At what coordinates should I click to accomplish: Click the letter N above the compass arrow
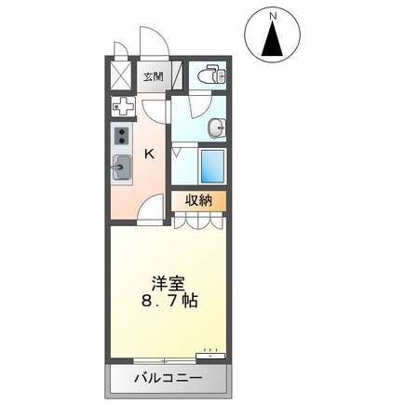(x=273, y=16)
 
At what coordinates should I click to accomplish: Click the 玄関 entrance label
(x=154, y=76)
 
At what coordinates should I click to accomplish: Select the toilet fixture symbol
(x=212, y=74)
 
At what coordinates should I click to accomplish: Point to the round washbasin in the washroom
(x=217, y=128)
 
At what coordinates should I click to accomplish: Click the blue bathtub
(x=212, y=167)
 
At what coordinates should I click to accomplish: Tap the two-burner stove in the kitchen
(x=121, y=136)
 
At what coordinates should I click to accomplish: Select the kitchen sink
(x=121, y=168)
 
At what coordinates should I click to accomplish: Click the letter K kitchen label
(x=150, y=154)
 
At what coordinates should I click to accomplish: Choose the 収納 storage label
(x=199, y=200)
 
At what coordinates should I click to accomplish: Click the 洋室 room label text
(x=169, y=283)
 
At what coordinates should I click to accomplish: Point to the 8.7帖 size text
(x=169, y=300)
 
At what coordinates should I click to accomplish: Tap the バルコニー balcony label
(x=169, y=378)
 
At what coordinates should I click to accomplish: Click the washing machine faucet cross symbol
(x=124, y=107)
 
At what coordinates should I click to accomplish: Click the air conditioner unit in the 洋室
(x=210, y=356)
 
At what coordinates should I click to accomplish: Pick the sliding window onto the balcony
(x=165, y=361)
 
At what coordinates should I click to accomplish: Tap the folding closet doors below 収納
(x=198, y=220)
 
